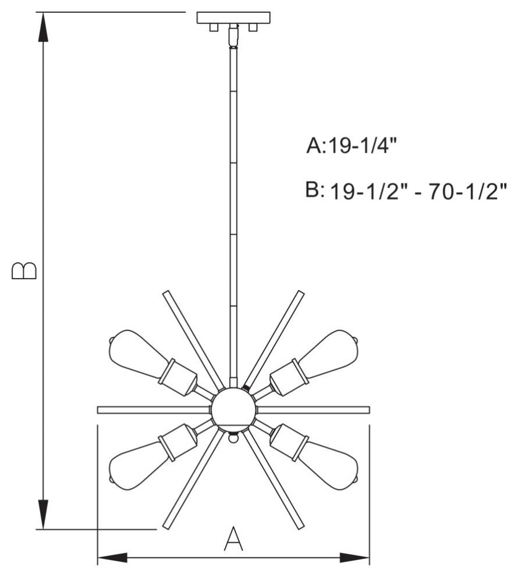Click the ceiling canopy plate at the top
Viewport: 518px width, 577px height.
pos(233,17)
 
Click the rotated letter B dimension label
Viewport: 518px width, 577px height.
pos(24,270)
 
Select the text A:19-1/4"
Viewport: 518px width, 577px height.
pos(352,146)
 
